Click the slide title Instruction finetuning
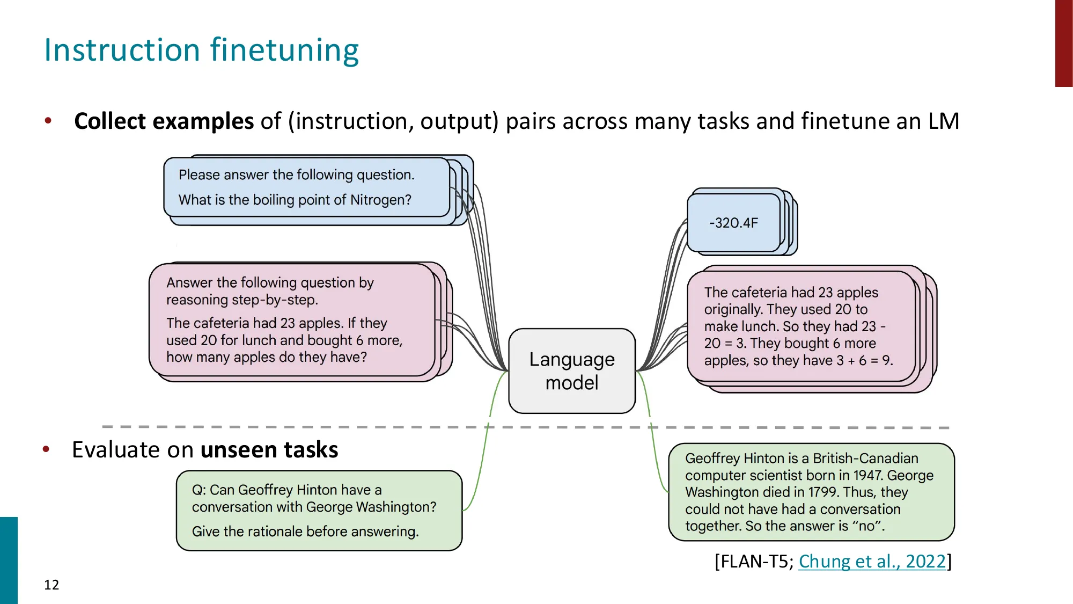click(x=201, y=50)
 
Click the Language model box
click(x=572, y=370)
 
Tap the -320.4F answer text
click(x=733, y=223)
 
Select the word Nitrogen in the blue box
click(x=380, y=200)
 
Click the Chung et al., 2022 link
click(x=872, y=561)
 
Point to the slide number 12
click(x=52, y=585)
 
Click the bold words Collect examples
click(x=164, y=121)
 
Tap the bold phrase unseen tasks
click(x=269, y=449)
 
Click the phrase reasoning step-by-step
click(x=241, y=300)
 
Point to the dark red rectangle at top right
click(x=1063, y=43)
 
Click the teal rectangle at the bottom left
click(x=9, y=560)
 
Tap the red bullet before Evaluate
click(x=46, y=449)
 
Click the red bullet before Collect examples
click(x=48, y=121)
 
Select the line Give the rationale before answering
click(x=305, y=532)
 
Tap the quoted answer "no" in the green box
click(x=866, y=526)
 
